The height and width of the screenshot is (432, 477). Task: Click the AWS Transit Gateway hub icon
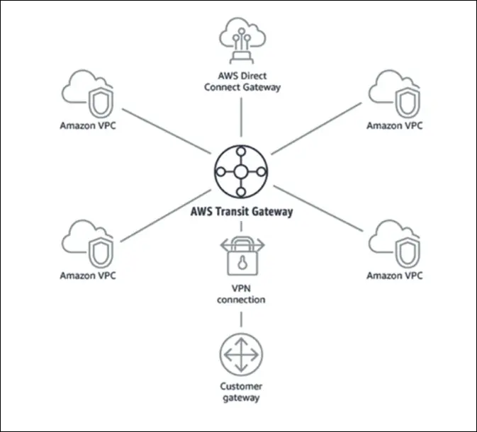click(241, 172)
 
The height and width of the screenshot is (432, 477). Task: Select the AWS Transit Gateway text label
click(241, 211)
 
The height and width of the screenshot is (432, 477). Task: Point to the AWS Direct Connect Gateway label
click(242, 82)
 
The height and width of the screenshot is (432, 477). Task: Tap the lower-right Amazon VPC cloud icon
click(394, 244)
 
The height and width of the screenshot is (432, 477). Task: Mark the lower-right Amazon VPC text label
click(394, 275)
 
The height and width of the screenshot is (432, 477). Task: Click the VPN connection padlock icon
click(242, 259)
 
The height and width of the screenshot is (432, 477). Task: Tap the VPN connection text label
click(242, 294)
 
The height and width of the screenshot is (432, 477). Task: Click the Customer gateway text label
click(242, 392)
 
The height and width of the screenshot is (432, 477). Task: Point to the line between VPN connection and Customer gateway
click(242, 319)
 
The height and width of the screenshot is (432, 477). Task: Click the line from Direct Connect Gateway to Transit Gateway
click(242, 117)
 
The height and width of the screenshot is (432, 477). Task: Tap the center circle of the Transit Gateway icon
click(241, 172)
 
